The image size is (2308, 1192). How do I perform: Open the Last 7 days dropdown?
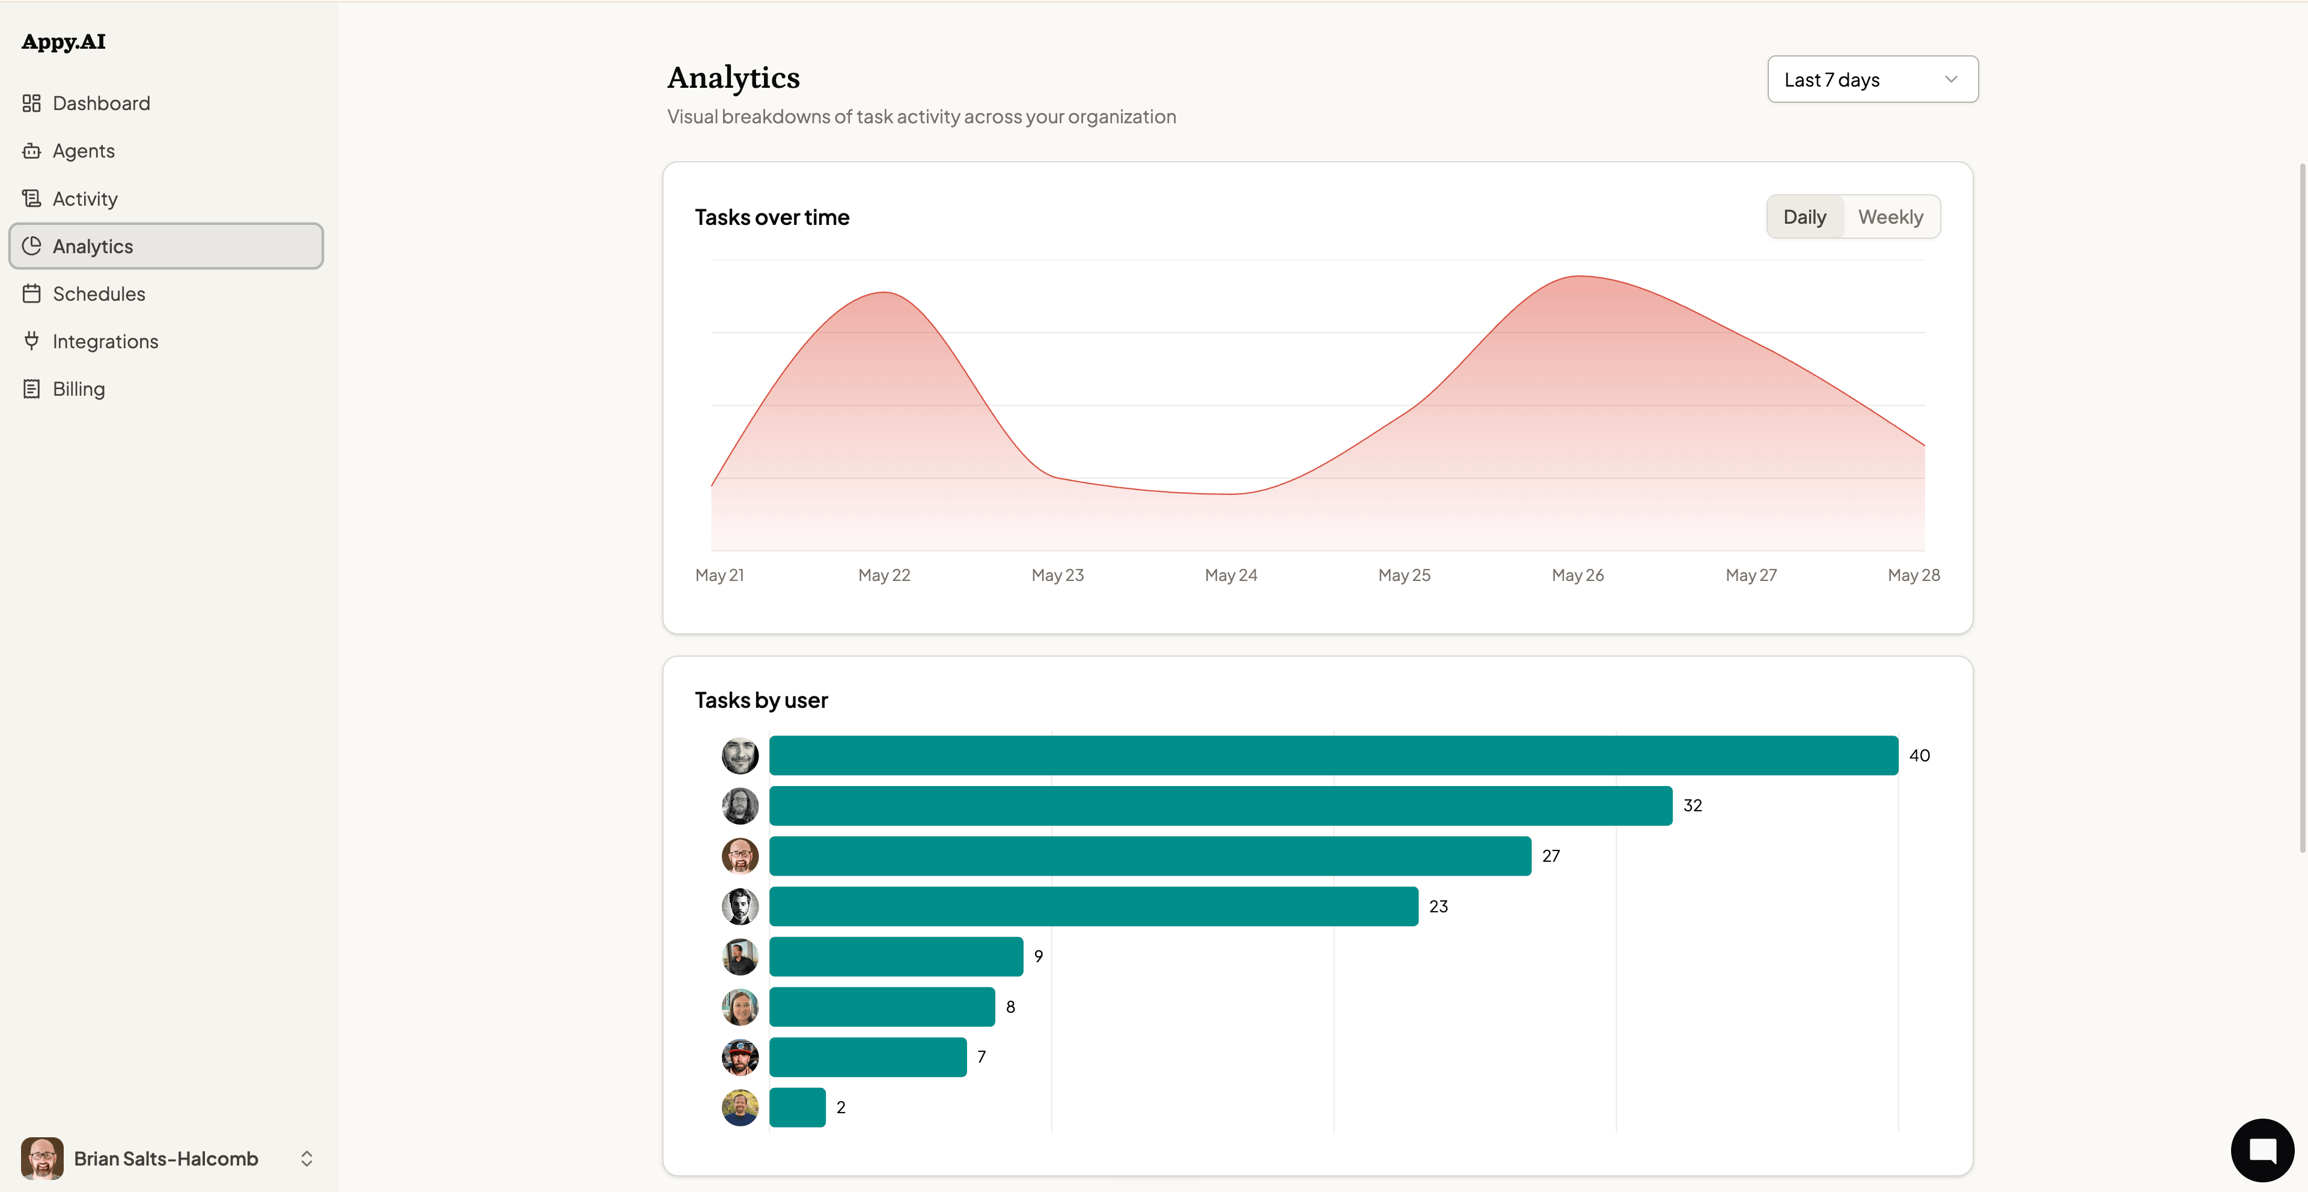1873,80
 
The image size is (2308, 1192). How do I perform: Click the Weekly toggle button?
1890,217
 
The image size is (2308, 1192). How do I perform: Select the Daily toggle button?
1804,217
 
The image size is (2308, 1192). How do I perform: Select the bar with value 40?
1333,755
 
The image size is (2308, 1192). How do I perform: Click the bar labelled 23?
1094,906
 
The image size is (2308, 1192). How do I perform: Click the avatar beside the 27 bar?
740,856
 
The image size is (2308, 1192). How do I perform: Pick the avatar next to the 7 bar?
740,1057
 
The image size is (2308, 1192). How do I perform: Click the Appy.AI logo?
64,42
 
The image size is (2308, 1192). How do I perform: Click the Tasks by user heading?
762,700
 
